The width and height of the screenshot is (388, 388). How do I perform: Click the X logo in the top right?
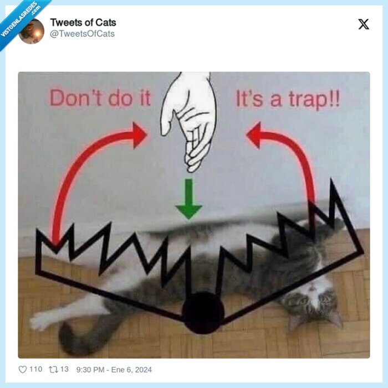tap(364, 24)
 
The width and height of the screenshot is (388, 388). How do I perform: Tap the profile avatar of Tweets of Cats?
tap(31, 31)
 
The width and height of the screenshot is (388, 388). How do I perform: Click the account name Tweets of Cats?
tap(83, 23)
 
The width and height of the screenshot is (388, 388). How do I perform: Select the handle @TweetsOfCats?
tap(83, 34)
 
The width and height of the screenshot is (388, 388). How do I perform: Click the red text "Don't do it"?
tap(100, 98)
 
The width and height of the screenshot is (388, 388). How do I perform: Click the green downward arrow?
tap(189, 199)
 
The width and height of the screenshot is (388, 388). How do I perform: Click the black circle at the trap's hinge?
tap(203, 313)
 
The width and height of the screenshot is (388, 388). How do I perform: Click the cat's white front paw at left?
tap(42, 320)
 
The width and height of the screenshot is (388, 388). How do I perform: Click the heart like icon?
tap(23, 369)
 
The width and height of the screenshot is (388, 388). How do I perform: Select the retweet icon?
tap(53, 369)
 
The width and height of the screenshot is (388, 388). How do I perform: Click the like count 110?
tap(35, 369)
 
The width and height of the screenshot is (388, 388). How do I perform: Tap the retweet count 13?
tap(64, 369)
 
